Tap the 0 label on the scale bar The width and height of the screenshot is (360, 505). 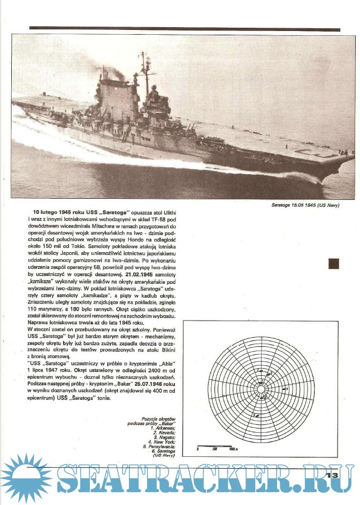click(198, 449)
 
